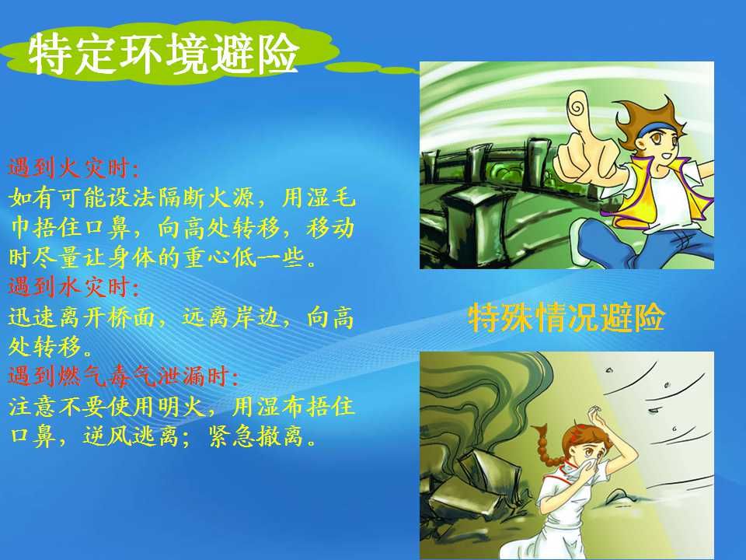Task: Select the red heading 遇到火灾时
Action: [74, 168]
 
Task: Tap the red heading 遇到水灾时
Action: [74, 287]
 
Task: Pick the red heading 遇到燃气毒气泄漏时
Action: [124, 376]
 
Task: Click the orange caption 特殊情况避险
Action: [566, 317]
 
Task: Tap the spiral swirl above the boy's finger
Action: [576, 107]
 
